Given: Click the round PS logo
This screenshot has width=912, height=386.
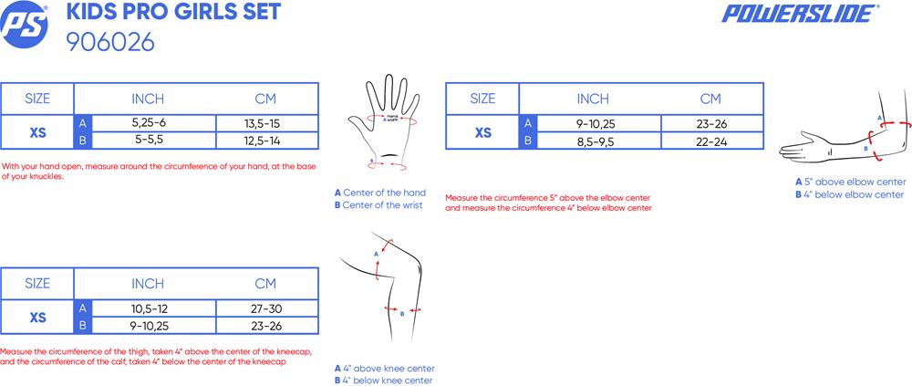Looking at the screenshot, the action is tap(24, 25).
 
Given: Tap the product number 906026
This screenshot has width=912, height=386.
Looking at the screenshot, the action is tap(110, 42).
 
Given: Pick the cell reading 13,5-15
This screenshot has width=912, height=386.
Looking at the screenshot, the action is tap(265, 123).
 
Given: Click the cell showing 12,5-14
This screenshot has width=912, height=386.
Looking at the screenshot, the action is tap(265, 141).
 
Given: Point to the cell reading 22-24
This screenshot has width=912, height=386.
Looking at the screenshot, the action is tap(710, 141).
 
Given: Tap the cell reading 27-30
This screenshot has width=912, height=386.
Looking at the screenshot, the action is tap(265, 308).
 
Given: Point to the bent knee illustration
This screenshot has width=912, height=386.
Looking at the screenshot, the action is tap(384, 288).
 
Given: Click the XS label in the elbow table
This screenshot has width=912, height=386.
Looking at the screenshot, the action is tap(482, 132).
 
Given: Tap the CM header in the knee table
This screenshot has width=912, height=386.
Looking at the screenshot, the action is tap(265, 284).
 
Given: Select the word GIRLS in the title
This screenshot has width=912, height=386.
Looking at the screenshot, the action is tap(194, 12).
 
